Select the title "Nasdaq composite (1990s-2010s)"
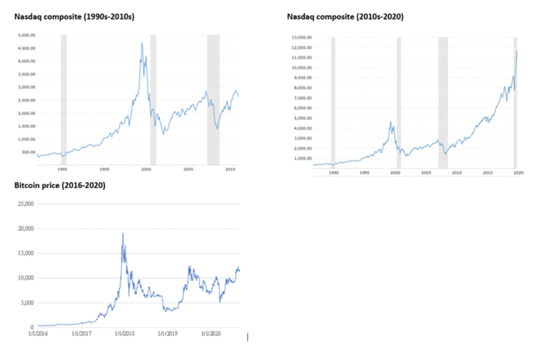(74, 17)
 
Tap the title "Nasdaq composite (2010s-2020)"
(345, 17)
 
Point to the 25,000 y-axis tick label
(26, 204)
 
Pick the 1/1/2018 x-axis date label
(124, 334)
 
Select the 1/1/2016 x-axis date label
(39, 334)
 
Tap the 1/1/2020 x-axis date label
(211, 334)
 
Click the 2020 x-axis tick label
(514, 173)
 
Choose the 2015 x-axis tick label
(488, 173)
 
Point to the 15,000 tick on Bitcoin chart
(26, 253)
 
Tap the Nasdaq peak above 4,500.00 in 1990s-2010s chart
(142, 44)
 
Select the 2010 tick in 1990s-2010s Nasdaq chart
(230, 170)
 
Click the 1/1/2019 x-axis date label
(167, 334)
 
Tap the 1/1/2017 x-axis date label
(81, 334)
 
